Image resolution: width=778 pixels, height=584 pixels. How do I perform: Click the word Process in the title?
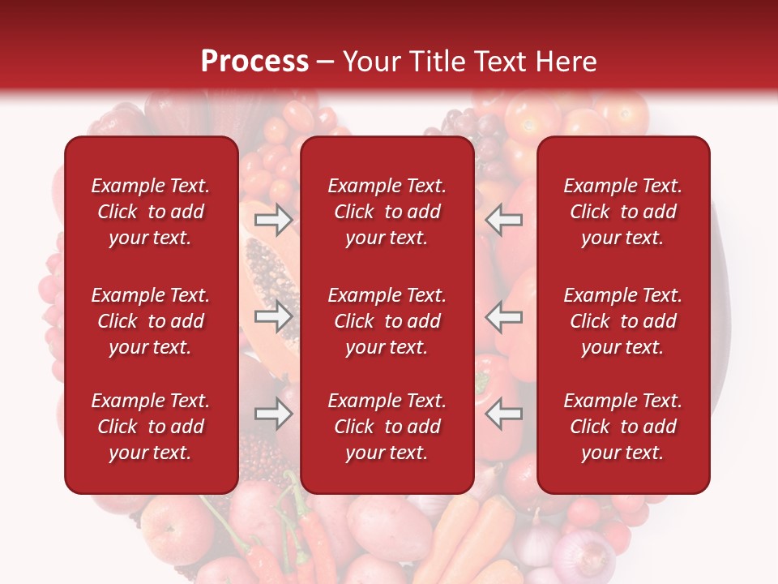tap(254, 62)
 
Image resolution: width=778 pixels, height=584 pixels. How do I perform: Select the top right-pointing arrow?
tap(274, 219)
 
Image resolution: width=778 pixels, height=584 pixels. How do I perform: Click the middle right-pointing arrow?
tap(274, 316)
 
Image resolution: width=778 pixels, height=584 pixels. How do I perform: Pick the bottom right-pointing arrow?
tap(274, 414)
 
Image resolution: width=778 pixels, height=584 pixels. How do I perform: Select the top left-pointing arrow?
tap(504, 219)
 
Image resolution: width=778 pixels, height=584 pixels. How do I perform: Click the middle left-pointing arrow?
tap(504, 316)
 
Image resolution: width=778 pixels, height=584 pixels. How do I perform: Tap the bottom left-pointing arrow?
tap(504, 414)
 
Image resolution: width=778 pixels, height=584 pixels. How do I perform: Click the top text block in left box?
tap(151, 212)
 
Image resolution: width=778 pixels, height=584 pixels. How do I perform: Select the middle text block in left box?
tap(151, 321)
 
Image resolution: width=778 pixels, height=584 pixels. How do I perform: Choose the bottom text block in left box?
tap(151, 427)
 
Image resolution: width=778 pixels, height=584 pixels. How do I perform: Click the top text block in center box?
tap(387, 212)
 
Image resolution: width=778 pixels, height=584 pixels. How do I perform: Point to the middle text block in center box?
tap(387, 321)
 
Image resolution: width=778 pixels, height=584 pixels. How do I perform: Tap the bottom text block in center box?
tap(387, 427)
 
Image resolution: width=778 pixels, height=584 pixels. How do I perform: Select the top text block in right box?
tap(622, 212)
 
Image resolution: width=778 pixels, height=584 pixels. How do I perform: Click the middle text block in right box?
tap(622, 321)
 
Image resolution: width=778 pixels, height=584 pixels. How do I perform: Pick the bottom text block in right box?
tap(622, 427)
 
